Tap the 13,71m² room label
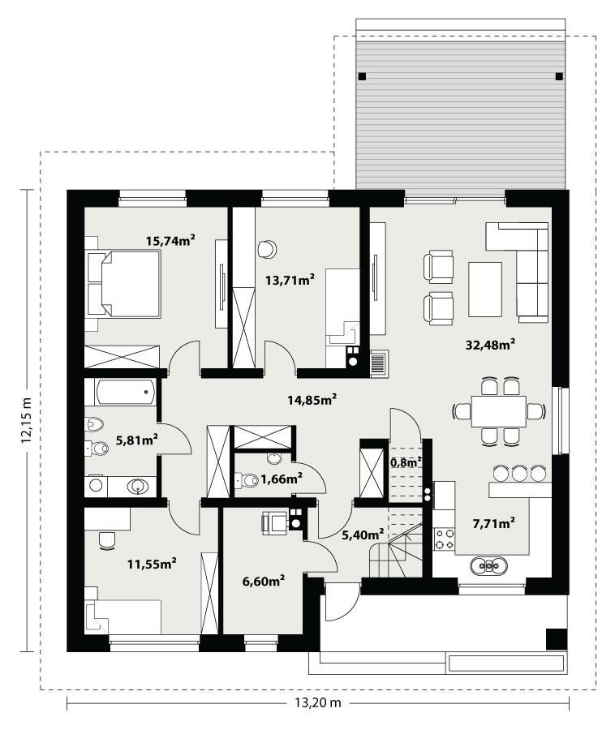[x=290, y=280]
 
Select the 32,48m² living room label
[x=492, y=344]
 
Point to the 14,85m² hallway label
[x=312, y=399]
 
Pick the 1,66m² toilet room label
[x=281, y=479]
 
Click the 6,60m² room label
[x=264, y=581]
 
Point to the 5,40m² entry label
[x=362, y=535]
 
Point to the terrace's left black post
[x=362, y=77]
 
